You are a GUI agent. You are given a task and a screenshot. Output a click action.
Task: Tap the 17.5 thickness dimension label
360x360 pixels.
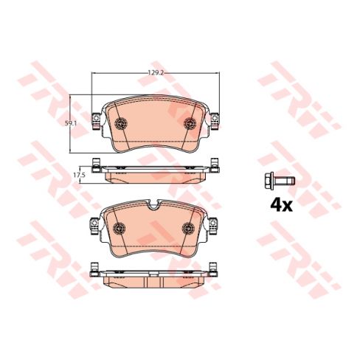point(76,175)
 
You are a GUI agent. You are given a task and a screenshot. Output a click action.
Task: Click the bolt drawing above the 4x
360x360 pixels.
point(277,180)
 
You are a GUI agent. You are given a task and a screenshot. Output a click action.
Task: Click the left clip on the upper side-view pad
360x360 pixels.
point(94,165)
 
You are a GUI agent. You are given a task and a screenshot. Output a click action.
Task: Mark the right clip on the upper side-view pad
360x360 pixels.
point(215,165)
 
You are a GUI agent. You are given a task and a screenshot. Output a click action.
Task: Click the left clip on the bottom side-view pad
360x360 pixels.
point(94,270)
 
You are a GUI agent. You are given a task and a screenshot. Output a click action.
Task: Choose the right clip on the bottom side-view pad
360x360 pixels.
point(215,270)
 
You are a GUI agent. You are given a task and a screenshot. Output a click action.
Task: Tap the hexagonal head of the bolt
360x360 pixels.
point(266,180)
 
